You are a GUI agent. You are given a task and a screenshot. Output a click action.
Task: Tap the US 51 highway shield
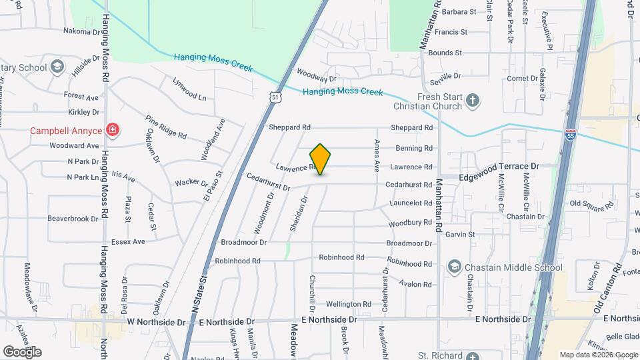(x=275, y=97)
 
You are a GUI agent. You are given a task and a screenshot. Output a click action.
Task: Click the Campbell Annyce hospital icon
(x=113, y=129)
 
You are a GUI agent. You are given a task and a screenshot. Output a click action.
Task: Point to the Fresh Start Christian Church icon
(x=473, y=101)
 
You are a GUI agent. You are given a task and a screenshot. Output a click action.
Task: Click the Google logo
(x=22, y=351)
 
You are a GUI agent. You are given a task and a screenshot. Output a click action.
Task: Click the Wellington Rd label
(x=348, y=304)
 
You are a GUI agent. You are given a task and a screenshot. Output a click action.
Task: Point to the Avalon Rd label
(x=416, y=284)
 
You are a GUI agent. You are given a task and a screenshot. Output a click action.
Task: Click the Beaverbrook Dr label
(x=73, y=218)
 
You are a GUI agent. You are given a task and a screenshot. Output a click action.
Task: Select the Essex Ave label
(x=128, y=241)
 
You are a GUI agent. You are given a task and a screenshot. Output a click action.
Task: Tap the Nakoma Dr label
(x=81, y=31)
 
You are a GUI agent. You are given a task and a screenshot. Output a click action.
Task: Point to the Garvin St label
(x=460, y=234)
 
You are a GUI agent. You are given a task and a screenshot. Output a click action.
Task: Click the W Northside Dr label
(x=156, y=322)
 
